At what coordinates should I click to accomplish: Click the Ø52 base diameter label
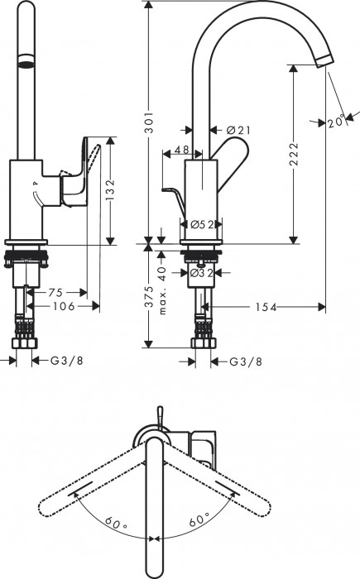198,224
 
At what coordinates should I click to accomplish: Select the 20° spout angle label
334,122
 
